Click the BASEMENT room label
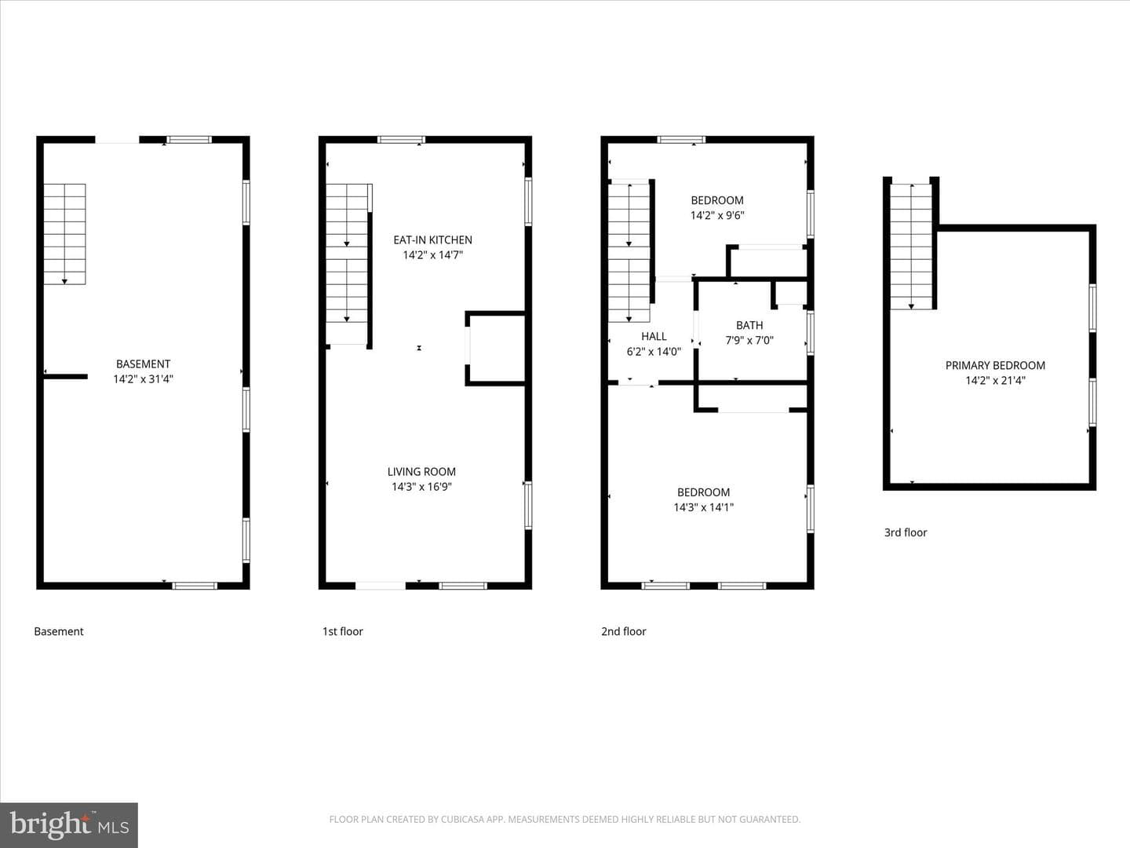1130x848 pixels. click(x=143, y=364)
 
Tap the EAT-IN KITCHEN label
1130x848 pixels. click(x=432, y=240)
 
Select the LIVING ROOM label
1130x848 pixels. click(x=421, y=472)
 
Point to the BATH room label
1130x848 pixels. click(x=749, y=325)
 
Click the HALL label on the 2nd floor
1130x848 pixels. click(x=654, y=337)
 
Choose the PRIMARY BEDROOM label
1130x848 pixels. click(x=995, y=366)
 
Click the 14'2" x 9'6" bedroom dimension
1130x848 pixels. click(x=717, y=215)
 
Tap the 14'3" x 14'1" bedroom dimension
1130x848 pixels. click(x=703, y=507)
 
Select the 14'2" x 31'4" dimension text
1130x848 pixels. click(x=143, y=379)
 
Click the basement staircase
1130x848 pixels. click(x=64, y=234)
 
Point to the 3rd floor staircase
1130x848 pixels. click(x=911, y=246)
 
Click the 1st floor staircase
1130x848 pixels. click(x=347, y=264)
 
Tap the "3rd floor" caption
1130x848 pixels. click(x=906, y=533)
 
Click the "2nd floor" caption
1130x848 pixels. click(x=623, y=632)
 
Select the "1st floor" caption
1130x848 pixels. click(x=342, y=632)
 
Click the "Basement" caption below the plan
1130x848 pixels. click(x=59, y=632)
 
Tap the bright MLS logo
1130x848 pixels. click(x=69, y=825)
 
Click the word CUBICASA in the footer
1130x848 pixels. click(x=461, y=819)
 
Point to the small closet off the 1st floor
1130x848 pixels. click(x=496, y=349)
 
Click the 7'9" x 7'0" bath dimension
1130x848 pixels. click(x=749, y=340)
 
